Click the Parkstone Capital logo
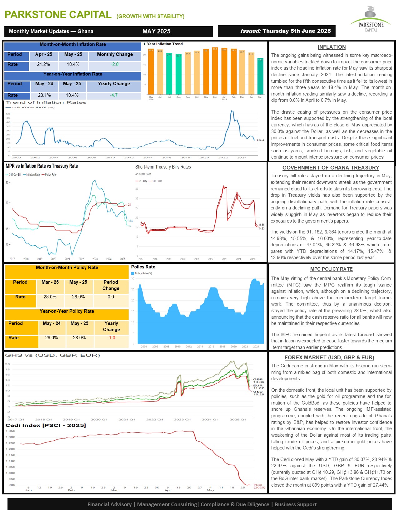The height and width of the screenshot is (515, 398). point(371,19)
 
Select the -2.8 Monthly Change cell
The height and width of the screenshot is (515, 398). point(115,64)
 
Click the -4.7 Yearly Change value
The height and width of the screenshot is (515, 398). point(114,95)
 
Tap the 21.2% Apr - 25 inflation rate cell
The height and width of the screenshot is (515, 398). point(43,64)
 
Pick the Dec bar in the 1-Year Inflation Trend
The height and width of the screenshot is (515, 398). point(215,71)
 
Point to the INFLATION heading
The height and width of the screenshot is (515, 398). point(332,47)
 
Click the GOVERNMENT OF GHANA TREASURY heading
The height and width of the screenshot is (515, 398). point(331,168)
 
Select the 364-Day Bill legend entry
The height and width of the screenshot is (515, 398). point(14,174)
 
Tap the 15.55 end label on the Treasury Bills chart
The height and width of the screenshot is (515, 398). point(262,225)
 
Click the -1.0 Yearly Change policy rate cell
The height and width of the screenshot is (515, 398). point(111,338)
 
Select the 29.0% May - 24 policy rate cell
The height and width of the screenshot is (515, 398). point(52,338)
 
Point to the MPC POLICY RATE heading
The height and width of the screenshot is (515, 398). point(331,269)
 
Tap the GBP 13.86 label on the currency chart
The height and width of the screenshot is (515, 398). point(258,380)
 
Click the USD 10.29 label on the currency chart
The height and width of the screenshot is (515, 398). point(258,393)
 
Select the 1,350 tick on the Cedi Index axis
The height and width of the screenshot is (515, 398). point(11,431)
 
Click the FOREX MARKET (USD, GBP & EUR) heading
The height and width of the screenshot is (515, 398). point(329,357)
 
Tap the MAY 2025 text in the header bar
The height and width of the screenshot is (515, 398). point(156,31)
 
